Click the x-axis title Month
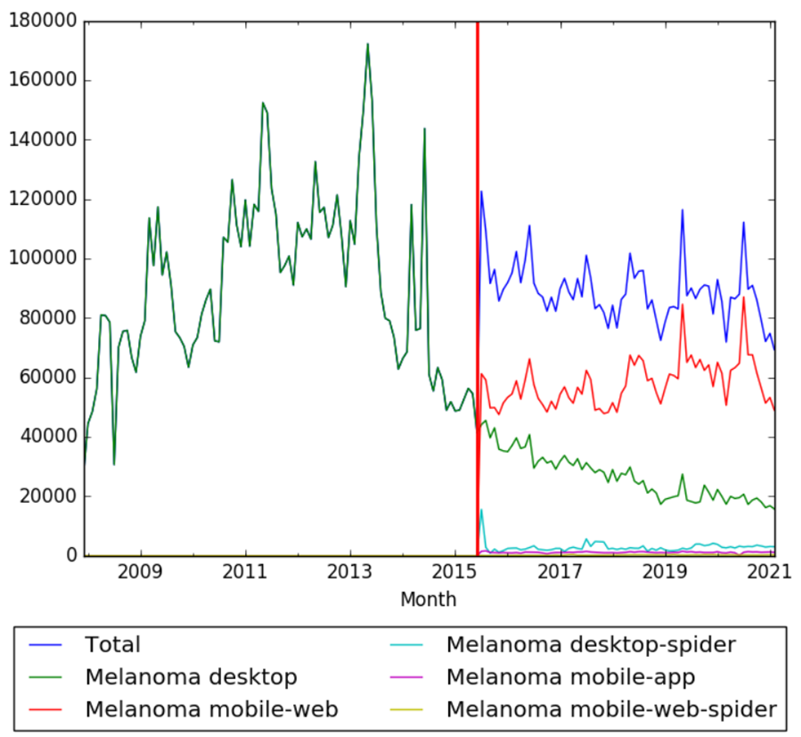[429, 599]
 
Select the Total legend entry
[113, 644]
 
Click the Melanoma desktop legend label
[191, 677]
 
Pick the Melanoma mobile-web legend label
[211, 709]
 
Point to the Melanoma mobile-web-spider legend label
[611, 709]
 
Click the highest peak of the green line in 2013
[367, 44]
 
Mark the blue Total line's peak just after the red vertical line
[481, 192]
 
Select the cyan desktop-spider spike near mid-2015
[481, 510]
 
